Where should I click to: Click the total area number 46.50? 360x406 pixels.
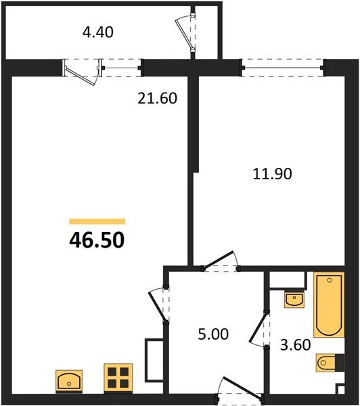coord(97,240)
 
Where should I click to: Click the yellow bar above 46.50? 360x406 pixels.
coord(97,221)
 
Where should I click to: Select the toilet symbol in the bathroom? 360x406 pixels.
coord(328,363)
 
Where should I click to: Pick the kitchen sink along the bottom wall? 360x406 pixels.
coord(69,381)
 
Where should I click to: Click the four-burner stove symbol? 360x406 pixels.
coord(118,378)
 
